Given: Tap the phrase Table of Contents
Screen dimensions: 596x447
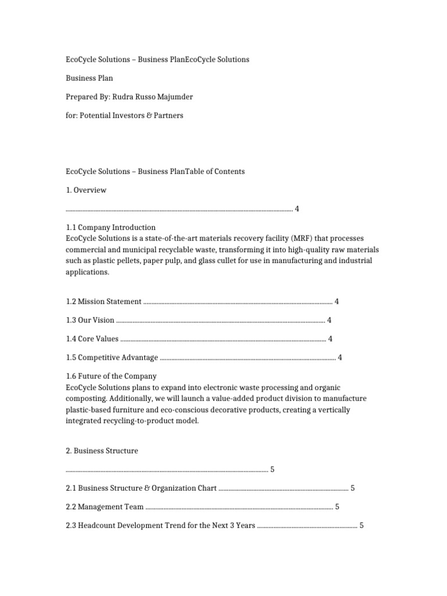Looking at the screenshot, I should (215, 171).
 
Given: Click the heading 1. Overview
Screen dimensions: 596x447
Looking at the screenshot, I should (86, 190).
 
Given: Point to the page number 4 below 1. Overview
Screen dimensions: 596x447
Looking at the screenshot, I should (297, 208).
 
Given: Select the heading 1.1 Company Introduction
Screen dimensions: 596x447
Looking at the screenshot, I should (111, 227).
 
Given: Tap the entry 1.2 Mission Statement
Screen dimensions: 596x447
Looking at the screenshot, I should (104, 301).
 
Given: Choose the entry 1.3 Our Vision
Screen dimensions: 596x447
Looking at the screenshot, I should (90, 320).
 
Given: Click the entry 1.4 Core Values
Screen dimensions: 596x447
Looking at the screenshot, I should (92, 339).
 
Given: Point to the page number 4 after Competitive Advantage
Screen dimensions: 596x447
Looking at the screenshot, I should (340, 357).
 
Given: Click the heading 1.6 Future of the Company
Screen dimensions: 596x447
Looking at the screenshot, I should (111, 376).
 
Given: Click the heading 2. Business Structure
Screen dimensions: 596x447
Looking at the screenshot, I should (102, 450).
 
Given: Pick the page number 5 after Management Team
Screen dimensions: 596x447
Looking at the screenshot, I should (337, 506).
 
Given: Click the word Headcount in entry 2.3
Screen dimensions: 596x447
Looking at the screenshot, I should (97, 525).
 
